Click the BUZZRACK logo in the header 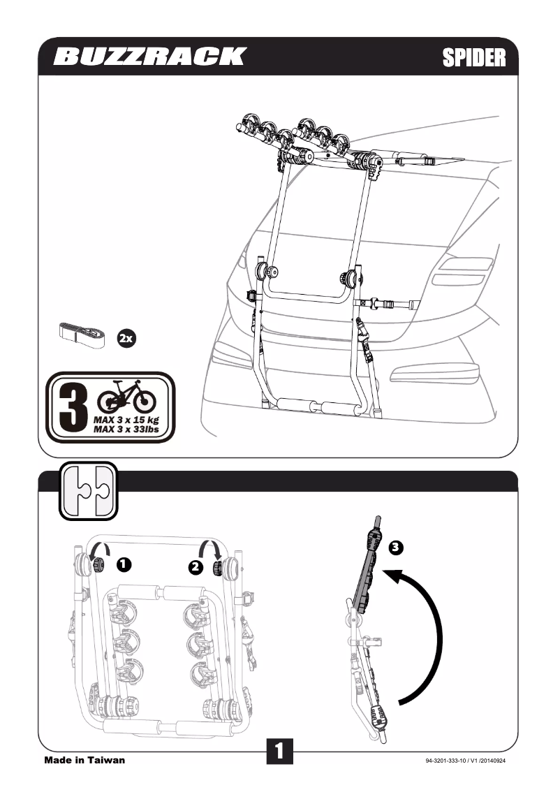point(149,57)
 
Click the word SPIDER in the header point(474,57)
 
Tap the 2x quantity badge point(126,339)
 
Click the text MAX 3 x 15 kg point(126,420)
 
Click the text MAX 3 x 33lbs point(126,430)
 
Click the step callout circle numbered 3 point(395,547)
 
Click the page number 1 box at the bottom point(279,751)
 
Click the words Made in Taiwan point(84,760)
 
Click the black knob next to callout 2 point(217,568)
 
